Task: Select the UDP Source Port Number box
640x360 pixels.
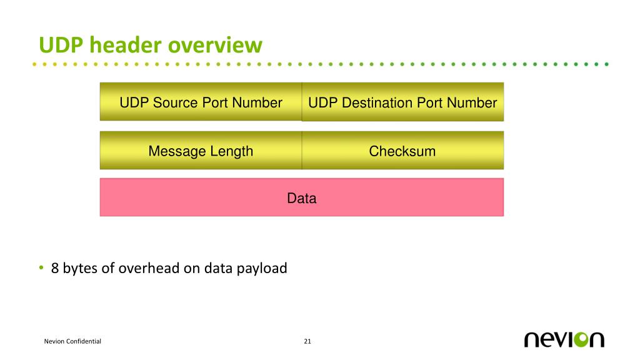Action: (x=201, y=102)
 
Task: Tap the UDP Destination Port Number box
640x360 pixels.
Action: (x=402, y=102)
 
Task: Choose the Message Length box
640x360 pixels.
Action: (x=201, y=151)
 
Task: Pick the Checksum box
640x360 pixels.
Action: (x=402, y=151)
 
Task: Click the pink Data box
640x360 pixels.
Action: (x=301, y=198)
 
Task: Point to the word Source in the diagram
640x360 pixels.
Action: (x=176, y=102)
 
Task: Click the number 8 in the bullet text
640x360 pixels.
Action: (x=55, y=269)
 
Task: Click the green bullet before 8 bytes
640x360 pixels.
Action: (x=41, y=268)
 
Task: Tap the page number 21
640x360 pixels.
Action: (x=307, y=341)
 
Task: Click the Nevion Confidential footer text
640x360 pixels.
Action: (x=72, y=341)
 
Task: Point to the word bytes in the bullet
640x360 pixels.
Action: (x=80, y=269)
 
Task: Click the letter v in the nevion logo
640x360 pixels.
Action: (x=560, y=339)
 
